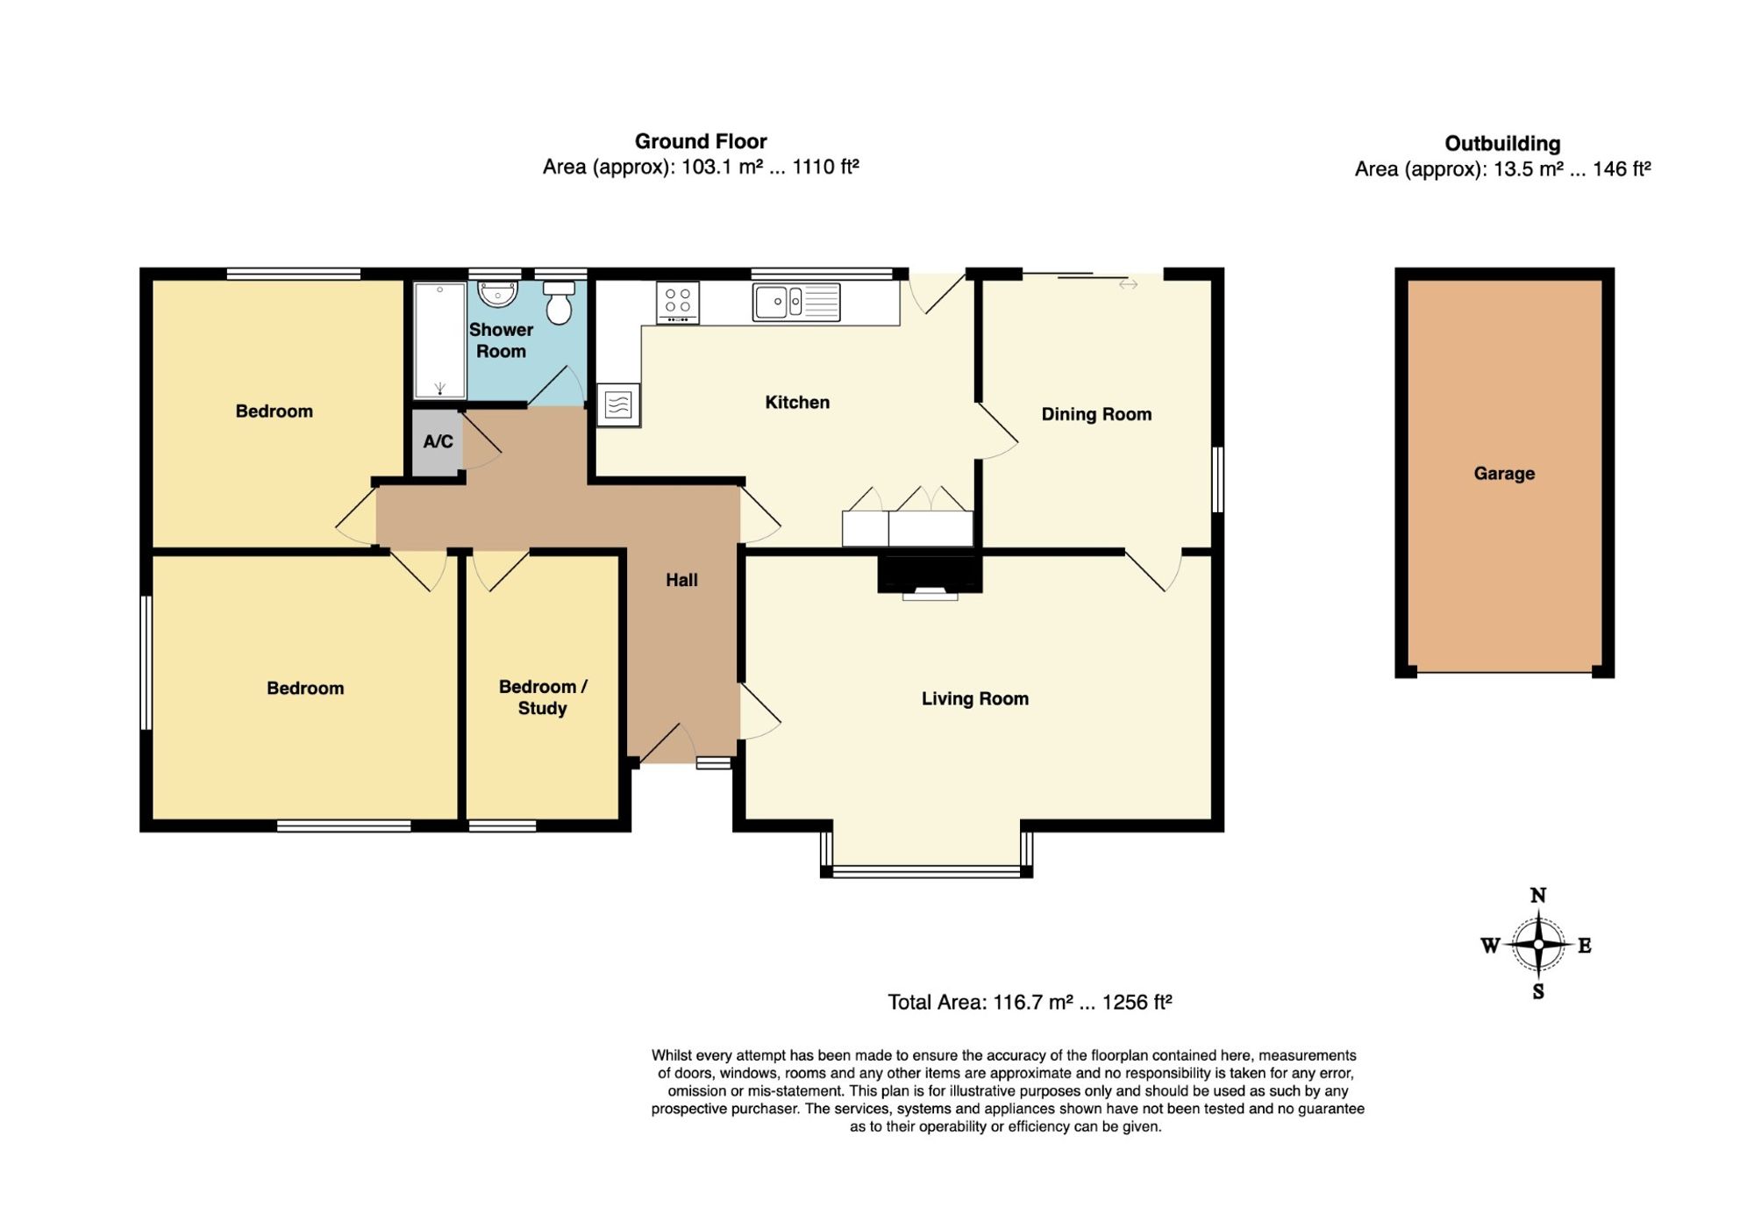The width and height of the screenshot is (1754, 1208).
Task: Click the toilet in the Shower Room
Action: tap(559, 302)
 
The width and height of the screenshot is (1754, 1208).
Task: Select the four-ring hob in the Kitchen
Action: tap(678, 302)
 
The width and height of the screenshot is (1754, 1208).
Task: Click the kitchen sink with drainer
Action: tap(796, 302)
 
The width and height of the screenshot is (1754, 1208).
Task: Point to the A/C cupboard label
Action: tap(438, 441)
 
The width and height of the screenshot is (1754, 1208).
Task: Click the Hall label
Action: tap(681, 580)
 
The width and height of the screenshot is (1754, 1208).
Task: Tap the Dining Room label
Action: tap(1096, 414)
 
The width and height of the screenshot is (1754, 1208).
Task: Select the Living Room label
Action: tap(975, 699)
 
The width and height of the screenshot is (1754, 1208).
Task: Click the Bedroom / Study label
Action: tap(543, 697)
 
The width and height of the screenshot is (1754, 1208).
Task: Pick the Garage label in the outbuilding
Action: tap(1504, 474)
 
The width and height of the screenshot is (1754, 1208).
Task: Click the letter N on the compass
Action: tap(1538, 896)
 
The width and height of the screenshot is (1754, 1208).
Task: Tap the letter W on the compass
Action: tap(1490, 946)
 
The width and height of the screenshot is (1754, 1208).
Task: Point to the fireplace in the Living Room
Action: tap(930, 576)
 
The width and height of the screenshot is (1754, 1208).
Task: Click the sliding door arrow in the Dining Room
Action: tap(1128, 284)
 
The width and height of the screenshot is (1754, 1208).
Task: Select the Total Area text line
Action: tap(1030, 1002)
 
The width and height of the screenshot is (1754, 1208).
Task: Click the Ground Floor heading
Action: tap(701, 141)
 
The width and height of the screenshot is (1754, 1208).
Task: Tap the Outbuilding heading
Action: tap(1502, 144)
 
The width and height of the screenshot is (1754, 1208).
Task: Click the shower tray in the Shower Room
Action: tap(439, 340)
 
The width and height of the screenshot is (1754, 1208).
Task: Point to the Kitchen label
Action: tap(797, 403)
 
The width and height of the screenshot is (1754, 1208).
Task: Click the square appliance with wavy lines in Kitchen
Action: tap(618, 405)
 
